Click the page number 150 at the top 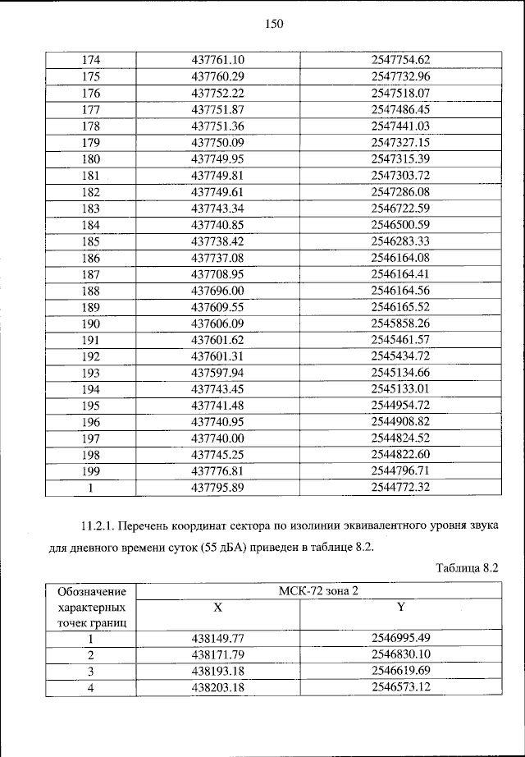pos(273,25)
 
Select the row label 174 pos(90,59)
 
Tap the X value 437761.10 pos(218,59)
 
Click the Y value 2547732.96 pos(400,76)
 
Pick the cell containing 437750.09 pos(218,142)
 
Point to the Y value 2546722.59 pos(400,209)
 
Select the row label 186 pos(90,258)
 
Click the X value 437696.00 pos(218,291)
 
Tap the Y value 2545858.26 pos(400,324)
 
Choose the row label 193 pos(90,374)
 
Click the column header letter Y pos(400,607)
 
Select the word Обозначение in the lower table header pos(90,592)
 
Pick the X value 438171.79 pos(218,654)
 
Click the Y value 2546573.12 pos(400,687)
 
